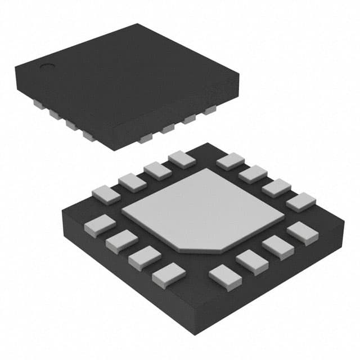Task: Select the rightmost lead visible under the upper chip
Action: click(210, 109)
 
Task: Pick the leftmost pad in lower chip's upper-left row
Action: click(106, 195)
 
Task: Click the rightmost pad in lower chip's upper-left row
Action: click(182, 159)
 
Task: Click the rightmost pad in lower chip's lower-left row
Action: click(168, 274)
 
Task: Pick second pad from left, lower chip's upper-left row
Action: click(132, 182)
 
